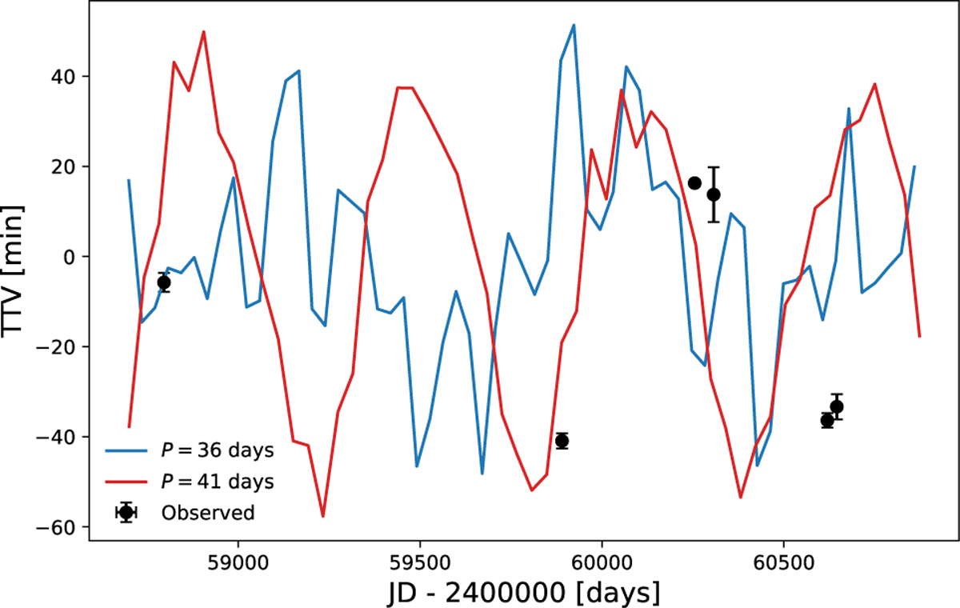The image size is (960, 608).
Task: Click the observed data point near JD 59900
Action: (562, 441)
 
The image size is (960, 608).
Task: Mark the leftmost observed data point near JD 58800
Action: (164, 282)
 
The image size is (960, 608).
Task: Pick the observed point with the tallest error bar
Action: (714, 194)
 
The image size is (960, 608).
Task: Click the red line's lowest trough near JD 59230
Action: (322, 516)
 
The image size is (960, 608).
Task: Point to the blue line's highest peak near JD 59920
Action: (574, 25)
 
